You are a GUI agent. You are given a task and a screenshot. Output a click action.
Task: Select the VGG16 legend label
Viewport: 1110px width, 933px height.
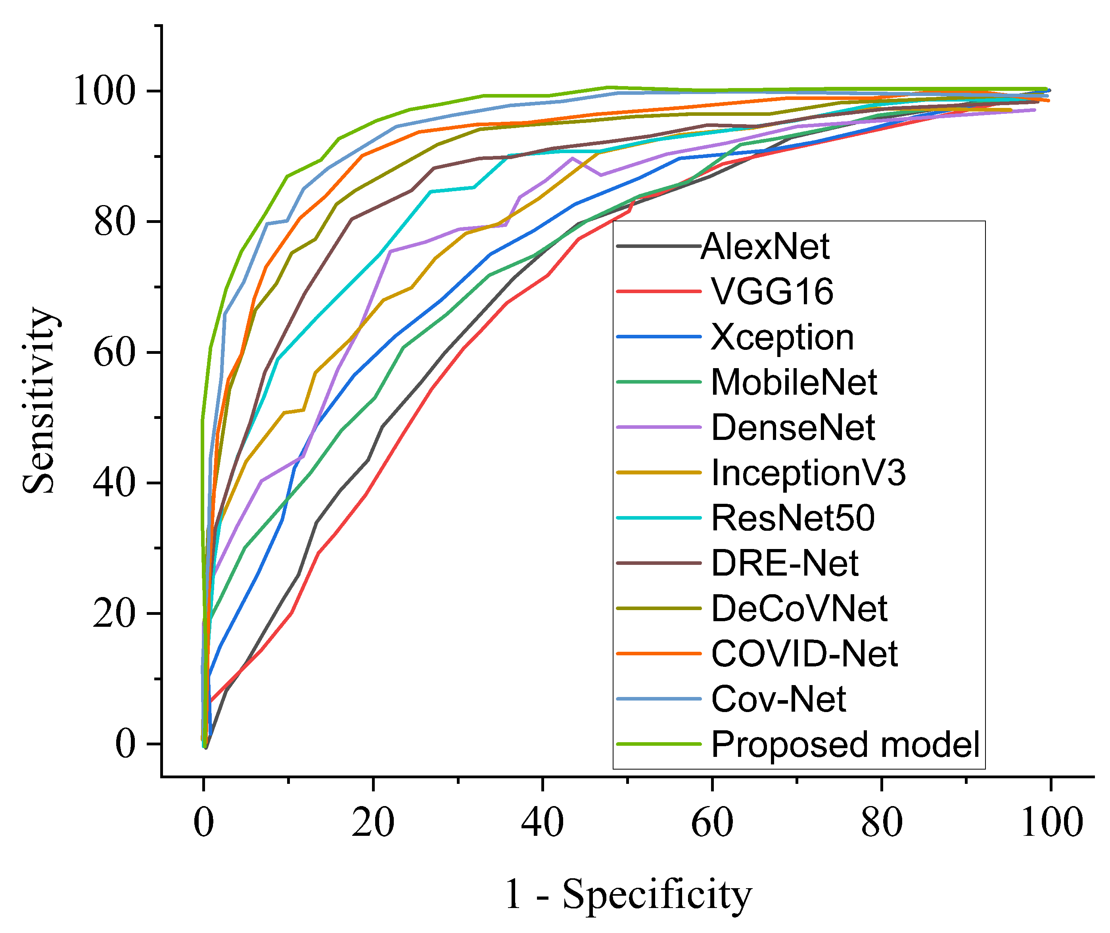point(772,292)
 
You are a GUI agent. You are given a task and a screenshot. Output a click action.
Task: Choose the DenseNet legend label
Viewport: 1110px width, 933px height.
point(793,427)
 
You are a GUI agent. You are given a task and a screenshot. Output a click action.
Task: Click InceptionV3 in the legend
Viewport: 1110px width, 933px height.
point(808,472)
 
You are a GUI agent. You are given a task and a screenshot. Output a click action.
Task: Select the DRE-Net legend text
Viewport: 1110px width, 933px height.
point(784,563)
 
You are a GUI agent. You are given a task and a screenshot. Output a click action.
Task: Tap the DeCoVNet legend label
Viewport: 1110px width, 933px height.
point(799,608)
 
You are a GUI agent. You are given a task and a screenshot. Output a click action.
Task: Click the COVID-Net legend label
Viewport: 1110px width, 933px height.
point(804,654)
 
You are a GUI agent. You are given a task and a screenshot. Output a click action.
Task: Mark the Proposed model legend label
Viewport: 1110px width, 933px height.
point(845,744)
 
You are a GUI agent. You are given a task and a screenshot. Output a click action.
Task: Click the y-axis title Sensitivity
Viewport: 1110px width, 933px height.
point(40,400)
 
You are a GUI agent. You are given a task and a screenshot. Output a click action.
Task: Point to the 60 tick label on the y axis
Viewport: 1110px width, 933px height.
point(114,353)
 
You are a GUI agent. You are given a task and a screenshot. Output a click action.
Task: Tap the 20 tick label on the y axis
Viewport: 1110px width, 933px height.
point(114,614)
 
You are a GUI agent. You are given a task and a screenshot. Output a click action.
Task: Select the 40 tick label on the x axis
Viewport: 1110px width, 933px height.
point(543,824)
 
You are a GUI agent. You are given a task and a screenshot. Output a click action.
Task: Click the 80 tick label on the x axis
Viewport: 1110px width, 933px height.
point(882,824)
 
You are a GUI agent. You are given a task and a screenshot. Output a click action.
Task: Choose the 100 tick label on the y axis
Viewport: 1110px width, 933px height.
point(104,92)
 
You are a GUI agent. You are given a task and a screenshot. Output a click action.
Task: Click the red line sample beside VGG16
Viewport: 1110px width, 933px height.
point(658,292)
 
